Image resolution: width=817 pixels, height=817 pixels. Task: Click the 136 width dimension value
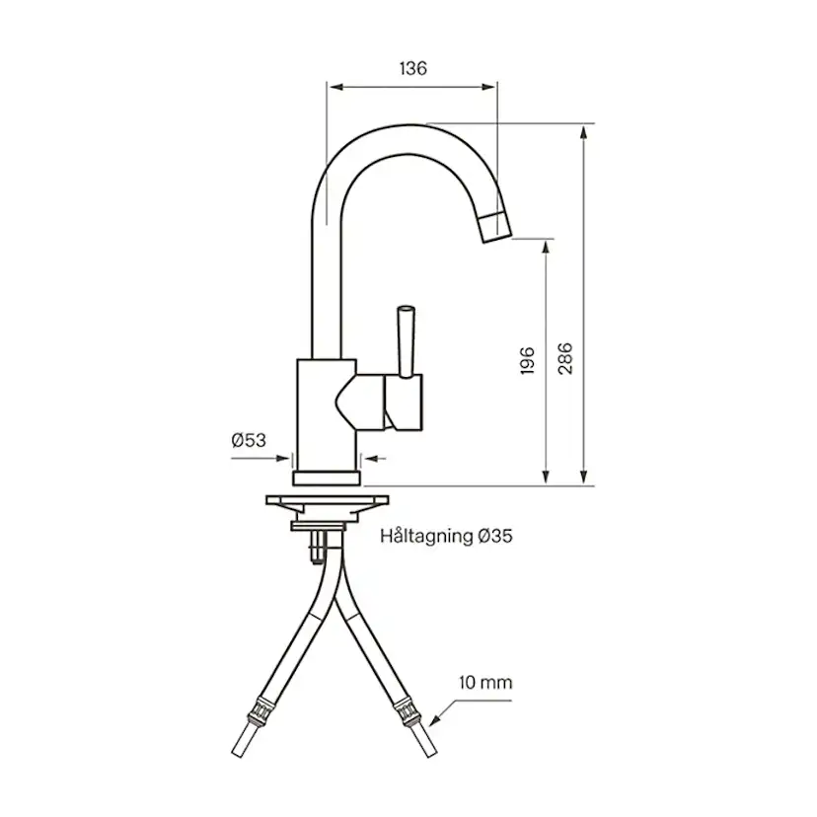point(412,68)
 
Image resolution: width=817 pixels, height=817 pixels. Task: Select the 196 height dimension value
point(527,360)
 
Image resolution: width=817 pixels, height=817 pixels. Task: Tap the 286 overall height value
point(564,360)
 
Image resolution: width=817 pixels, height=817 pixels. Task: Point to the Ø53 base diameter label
point(249,440)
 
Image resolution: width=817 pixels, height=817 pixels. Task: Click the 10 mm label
point(485,682)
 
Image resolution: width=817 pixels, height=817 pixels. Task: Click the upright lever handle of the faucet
point(405,340)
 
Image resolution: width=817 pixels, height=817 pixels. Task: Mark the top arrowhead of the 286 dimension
point(585,132)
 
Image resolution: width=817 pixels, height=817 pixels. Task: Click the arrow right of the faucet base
point(373,458)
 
